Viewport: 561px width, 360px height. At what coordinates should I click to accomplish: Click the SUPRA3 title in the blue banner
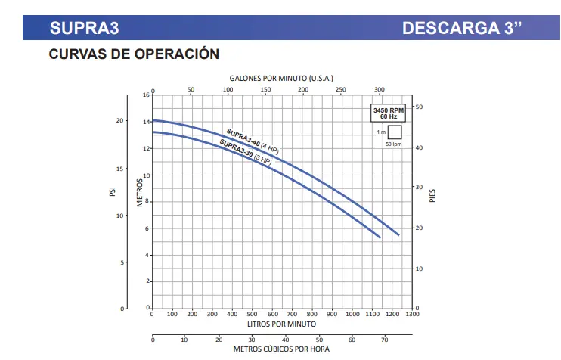pyautogui.click(x=84, y=29)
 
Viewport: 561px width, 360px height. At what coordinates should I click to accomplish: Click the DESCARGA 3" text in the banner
pyautogui.click(x=462, y=29)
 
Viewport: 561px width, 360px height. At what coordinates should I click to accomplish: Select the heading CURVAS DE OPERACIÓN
pyautogui.click(x=134, y=54)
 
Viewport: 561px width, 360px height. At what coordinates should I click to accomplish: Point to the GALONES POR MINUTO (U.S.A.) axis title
pyautogui.click(x=280, y=78)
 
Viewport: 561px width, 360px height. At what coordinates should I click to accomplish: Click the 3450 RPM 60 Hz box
pyautogui.click(x=389, y=113)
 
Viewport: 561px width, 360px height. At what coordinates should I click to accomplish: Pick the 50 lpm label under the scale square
pyautogui.click(x=393, y=144)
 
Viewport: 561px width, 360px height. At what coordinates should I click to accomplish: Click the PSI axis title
pyautogui.click(x=111, y=193)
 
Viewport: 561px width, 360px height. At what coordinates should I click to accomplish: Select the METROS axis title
pyautogui.click(x=140, y=193)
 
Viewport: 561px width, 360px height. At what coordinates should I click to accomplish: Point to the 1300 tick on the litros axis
pyautogui.click(x=411, y=314)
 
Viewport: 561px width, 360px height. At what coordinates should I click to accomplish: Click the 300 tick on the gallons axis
pyautogui.click(x=380, y=89)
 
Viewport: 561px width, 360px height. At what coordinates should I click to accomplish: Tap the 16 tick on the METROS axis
pyautogui.click(x=147, y=95)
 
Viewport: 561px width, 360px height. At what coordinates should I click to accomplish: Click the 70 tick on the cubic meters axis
pyautogui.click(x=384, y=340)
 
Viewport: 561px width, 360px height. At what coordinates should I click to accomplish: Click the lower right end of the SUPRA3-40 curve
pyautogui.click(x=398, y=234)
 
